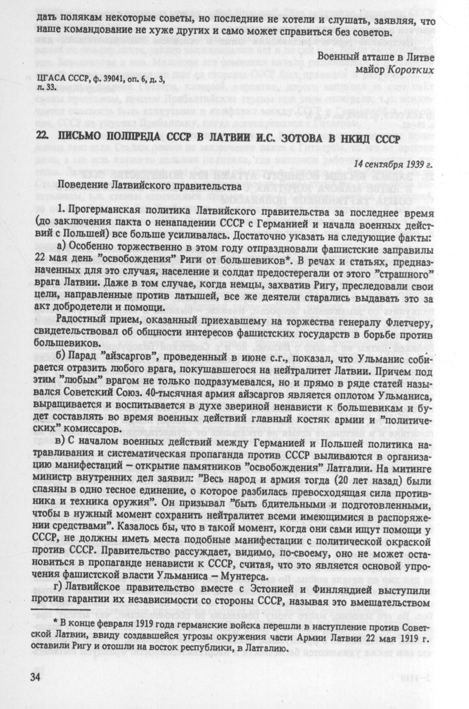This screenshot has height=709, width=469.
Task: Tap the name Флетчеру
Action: pos(410,323)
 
